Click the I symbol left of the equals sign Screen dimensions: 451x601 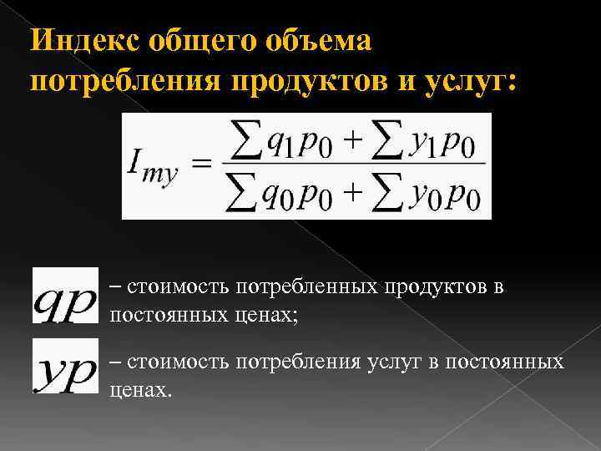pos(138,162)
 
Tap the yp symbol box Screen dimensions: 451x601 pos(65,367)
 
